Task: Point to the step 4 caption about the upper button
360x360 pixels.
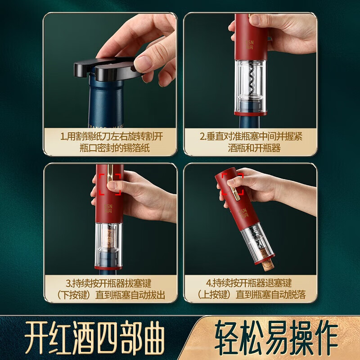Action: [251, 289]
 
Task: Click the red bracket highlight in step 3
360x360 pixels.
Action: [111, 184]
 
